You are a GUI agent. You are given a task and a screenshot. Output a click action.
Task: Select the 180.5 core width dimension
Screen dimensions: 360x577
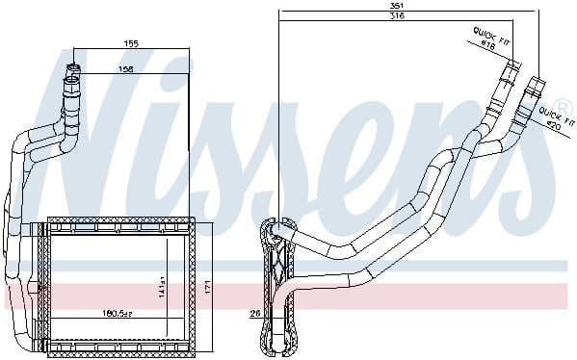(118, 313)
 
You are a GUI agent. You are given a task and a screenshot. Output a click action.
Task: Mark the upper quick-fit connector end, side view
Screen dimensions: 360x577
(512, 67)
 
